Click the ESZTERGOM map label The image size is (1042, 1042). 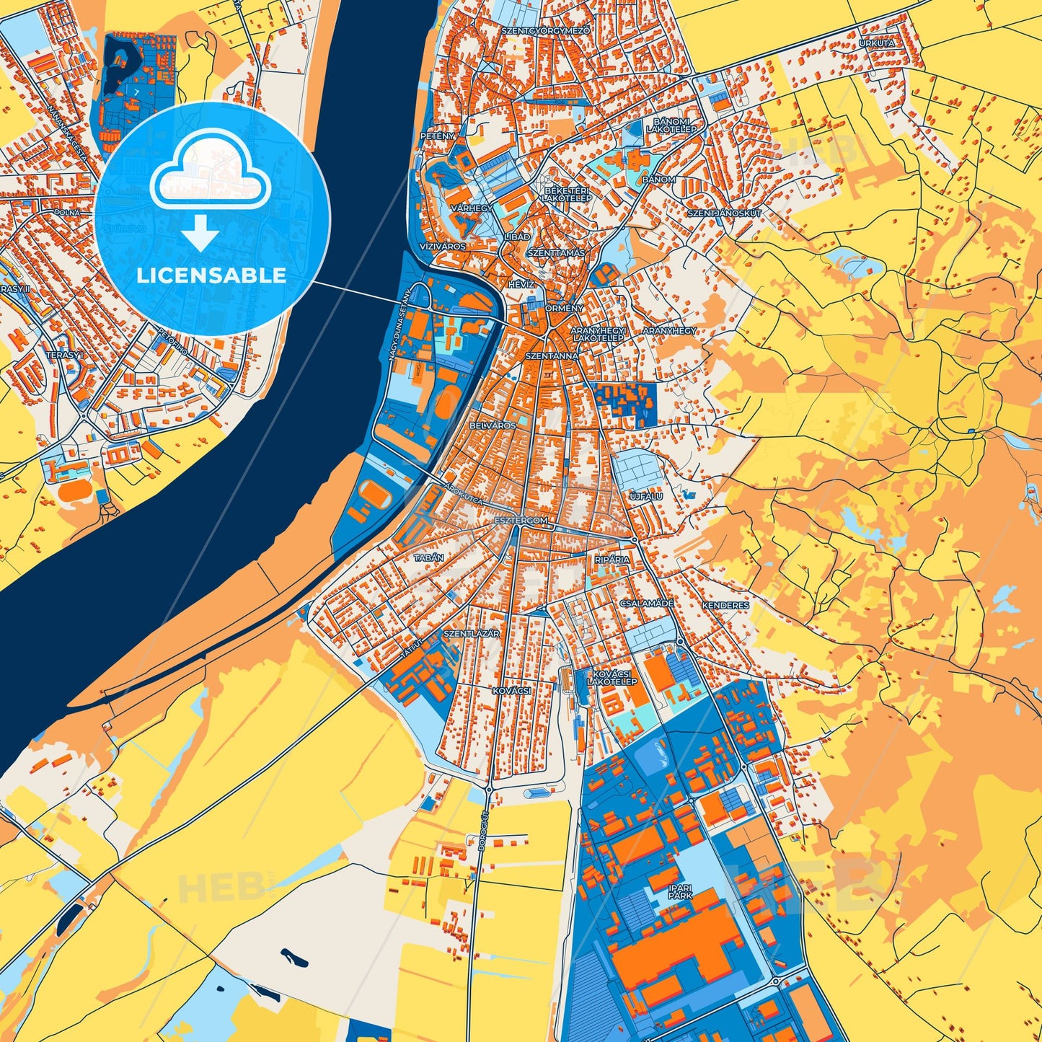[521, 520]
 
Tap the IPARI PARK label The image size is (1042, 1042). [679, 891]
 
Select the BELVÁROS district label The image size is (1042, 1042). [493, 425]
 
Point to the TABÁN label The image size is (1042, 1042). [428, 557]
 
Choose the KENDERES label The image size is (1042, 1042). [725, 606]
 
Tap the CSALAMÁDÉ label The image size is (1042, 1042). [646, 603]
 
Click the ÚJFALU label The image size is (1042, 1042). [646, 496]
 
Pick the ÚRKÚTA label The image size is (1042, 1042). [876, 43]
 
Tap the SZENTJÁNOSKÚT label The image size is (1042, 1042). [724, 213]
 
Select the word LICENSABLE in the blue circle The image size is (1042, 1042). [211, 275]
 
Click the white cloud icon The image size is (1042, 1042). [210, 169]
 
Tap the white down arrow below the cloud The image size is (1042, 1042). [200, 234]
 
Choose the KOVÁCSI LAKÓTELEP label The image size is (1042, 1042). [611, 677]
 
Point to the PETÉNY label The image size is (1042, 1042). [438, 136]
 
